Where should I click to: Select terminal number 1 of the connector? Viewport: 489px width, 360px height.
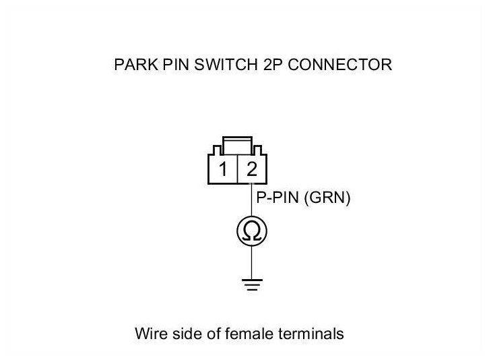coord(223,170)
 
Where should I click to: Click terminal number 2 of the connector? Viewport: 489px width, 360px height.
coord(251,170)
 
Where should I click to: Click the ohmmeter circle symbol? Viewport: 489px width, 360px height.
coord(251,231)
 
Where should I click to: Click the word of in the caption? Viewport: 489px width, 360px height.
coord(214,334)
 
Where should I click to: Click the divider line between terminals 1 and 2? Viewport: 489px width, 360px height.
coord(237,170)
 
